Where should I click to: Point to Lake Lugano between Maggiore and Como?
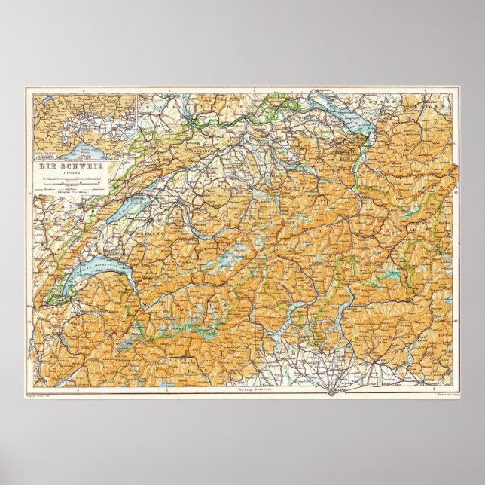coord(315,320)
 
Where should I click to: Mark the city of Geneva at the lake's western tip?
coord(53,300)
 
